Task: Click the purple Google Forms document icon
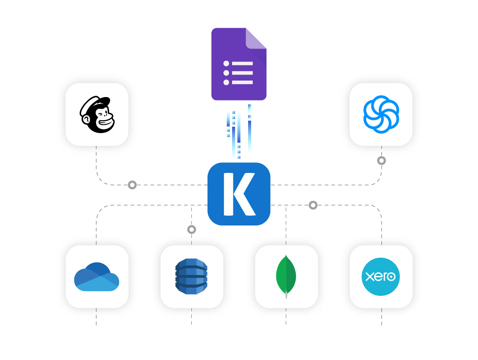239,64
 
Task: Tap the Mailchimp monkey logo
97,114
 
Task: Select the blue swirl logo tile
381,114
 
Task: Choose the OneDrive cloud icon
97,277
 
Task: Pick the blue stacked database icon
191,277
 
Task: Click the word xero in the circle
381,276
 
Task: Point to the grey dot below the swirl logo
381,161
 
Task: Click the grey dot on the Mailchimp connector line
132,185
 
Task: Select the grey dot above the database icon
191,229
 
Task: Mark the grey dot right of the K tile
313,205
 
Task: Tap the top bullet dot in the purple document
226,64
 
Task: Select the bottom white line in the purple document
242,82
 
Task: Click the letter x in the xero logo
369,276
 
